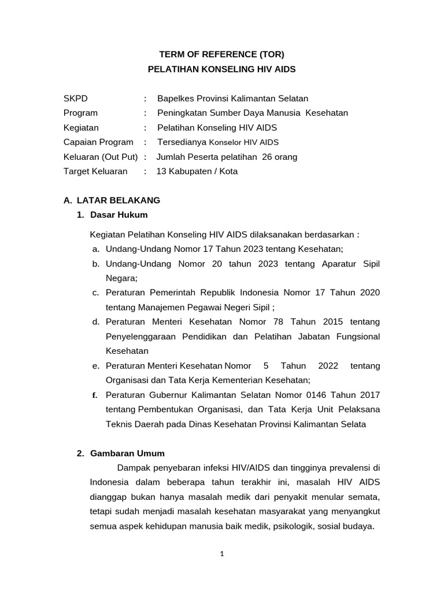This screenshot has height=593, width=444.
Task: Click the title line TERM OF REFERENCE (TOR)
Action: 222,54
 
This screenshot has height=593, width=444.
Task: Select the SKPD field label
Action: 76,98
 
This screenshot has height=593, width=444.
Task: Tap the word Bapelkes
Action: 176,98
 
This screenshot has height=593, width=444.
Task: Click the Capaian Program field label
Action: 98,142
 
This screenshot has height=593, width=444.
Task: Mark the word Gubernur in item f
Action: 165,394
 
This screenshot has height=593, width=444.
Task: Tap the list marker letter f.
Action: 95,395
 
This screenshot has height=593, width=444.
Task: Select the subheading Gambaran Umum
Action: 127,453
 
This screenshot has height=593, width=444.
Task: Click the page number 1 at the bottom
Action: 222,554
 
